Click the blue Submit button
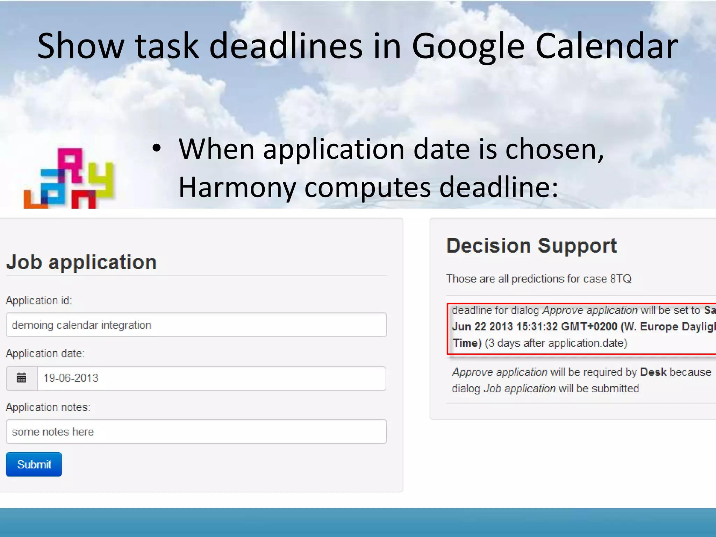click(x=34, y=464)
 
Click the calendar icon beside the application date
click(x=22, y=378)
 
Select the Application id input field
click(x=196, y=325)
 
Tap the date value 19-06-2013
click(x=71, y=378)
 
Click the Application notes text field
click(x=196, y=432)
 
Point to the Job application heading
click(x=81, y=262)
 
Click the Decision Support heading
click(x=531, y=246)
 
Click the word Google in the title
click(x=468, y=46)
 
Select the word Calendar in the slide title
click(x=607, y=46)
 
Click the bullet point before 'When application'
click(x=157, y=149)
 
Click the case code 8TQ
click(x=621, y=279)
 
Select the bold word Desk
click(x=653, y=372)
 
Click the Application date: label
click(x=45, y=353)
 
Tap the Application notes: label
click(x=48, y=407)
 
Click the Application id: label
click(x=39, y=301)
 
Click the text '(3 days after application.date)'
click(x=556, y=343)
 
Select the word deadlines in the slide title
click(x=286, y=46)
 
